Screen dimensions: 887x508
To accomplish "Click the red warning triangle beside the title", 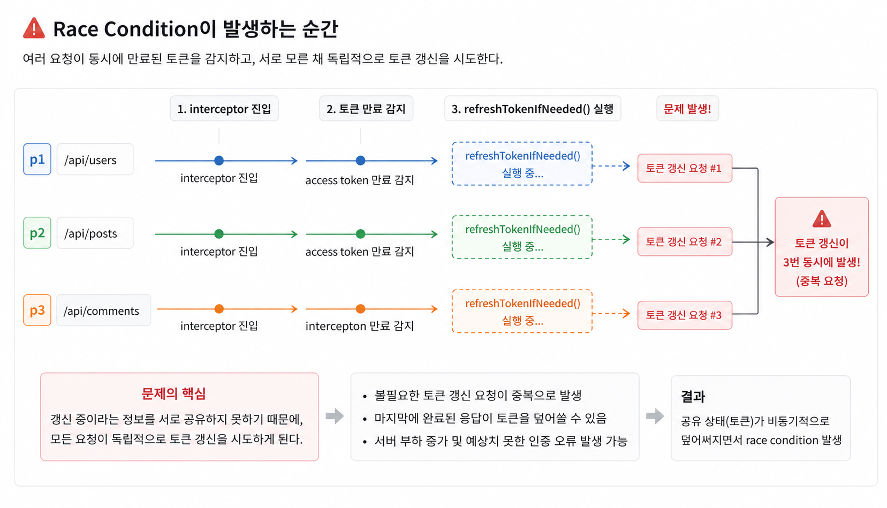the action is point(34,28).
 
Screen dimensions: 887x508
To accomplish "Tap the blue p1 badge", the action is point(37,159).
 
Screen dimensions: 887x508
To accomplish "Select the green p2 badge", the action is point(37,233).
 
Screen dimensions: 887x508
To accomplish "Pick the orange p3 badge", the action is point(37,310).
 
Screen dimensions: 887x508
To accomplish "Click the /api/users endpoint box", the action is point(95,159).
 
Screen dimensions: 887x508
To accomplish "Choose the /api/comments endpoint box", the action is point(103,310).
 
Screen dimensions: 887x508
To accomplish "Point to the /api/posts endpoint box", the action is point(95,233).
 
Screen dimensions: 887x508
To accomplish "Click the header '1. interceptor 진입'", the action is point(224,109).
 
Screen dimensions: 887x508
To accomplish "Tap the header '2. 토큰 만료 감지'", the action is point(366,109).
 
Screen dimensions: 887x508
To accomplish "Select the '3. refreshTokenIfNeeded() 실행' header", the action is point(533,109).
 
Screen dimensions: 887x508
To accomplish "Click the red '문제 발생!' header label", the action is point(687,109).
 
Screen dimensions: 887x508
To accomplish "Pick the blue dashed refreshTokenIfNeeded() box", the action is point(522,163).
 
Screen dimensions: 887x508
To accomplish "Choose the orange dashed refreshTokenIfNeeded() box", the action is point(522,311).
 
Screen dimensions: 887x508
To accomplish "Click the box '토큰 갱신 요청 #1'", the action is point(685,168).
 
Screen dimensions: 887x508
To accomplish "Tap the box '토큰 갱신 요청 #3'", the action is point(685,315).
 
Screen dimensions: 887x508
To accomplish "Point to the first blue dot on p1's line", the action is point(219,161).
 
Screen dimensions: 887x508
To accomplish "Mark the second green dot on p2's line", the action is point(360,234).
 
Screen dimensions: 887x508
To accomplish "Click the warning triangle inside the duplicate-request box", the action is point(822,218).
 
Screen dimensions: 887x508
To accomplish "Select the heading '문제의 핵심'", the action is point(173,393).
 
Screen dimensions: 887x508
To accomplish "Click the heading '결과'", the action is point(693,396).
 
